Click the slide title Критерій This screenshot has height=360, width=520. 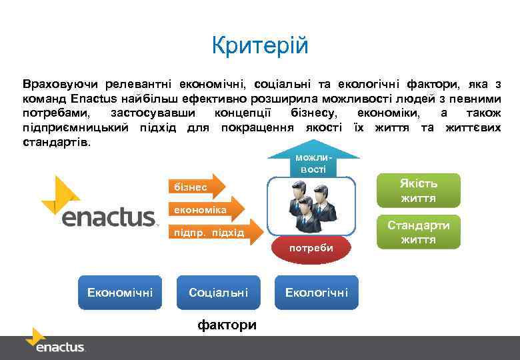pos(260,46)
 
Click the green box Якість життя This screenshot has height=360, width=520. pos(418,191)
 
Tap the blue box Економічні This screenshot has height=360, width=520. pos(120,292)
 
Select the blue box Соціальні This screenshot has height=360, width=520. pos(218,292)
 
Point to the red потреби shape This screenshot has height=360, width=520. pos(310,247)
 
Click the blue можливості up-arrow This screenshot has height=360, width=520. pos(313,161)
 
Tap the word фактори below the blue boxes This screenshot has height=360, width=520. pos(227,325)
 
